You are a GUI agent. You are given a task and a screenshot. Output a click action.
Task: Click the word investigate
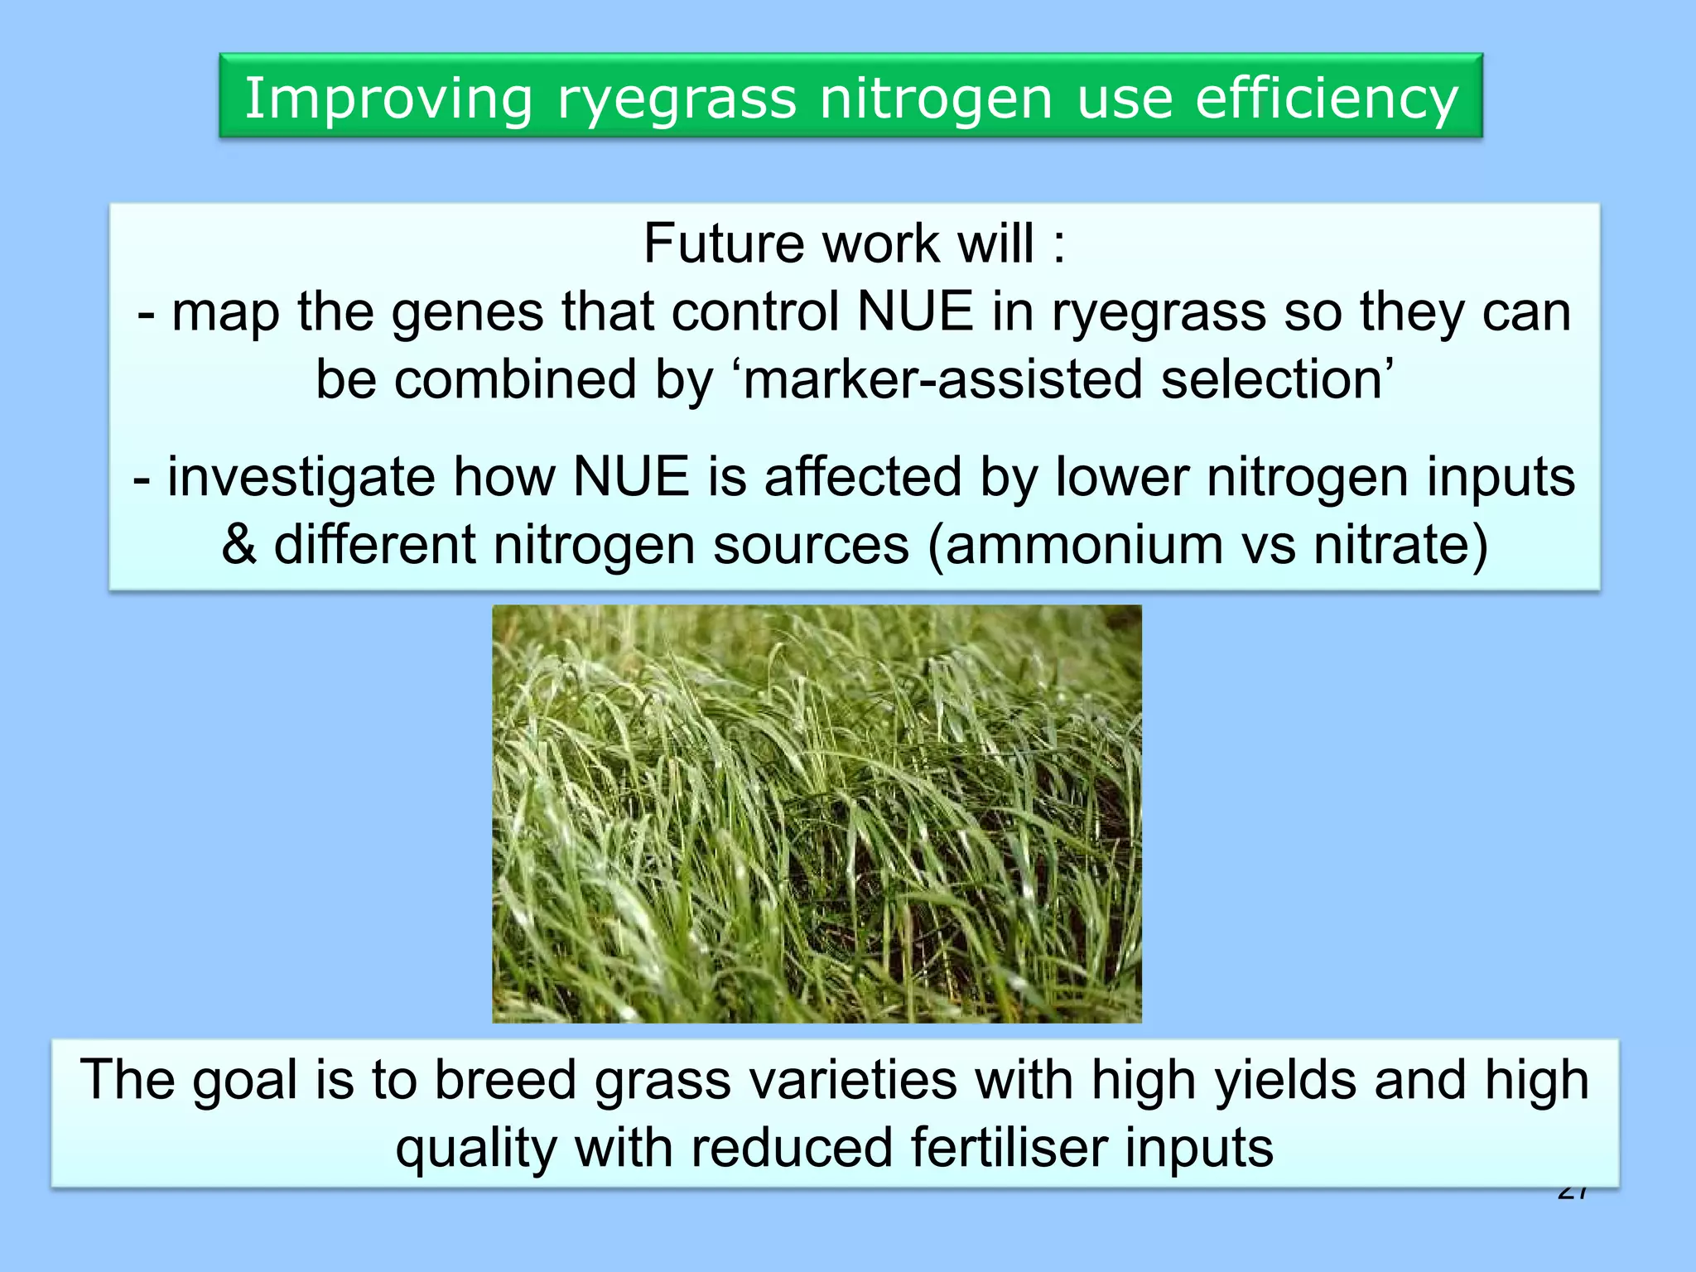[301, 479]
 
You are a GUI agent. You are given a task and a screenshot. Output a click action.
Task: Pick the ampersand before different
[238, 545]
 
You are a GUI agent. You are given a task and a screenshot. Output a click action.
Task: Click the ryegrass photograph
[817, 813]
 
